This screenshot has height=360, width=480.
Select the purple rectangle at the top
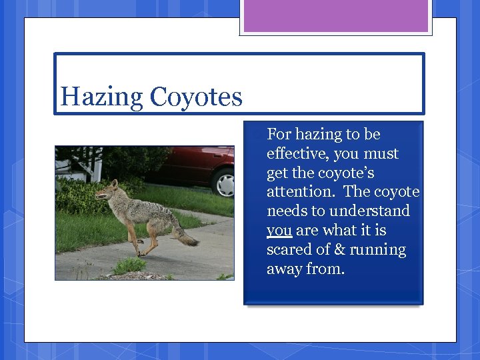(336, 16)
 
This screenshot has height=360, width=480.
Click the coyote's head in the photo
(107, 193)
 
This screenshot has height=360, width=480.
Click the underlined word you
(279, 231)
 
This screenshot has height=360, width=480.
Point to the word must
(381, 154)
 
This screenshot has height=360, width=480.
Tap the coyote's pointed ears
(114, 183)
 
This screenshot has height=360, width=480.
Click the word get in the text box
(277, 173)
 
